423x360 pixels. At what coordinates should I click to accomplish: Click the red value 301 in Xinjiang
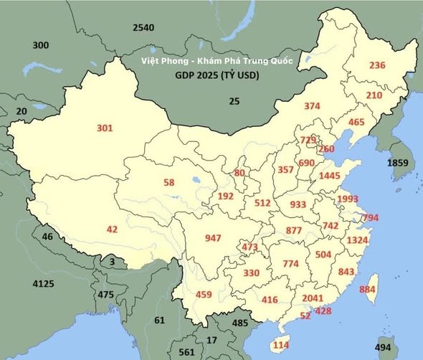click(105, 128)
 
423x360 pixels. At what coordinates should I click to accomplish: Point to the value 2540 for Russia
click(143, 28)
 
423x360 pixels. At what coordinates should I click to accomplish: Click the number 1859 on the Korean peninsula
click(397, 164)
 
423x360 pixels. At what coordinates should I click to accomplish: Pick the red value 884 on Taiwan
click(367, 289)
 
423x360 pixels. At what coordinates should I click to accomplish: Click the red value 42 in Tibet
click(111, 229)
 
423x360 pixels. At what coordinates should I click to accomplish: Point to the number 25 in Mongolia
click(234, 101)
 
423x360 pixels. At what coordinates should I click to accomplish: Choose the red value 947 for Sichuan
click(213, 238)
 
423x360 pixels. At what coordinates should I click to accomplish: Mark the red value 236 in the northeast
click(377, 65)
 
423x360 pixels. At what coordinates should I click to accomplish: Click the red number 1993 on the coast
click(347, 199)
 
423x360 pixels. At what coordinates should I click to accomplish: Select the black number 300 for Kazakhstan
click(41, 45)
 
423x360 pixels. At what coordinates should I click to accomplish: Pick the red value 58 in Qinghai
click(168, 183)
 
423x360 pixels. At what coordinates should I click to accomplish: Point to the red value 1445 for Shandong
click(329, 176)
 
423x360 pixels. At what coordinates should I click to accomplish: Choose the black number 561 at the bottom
click(187, 352)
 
